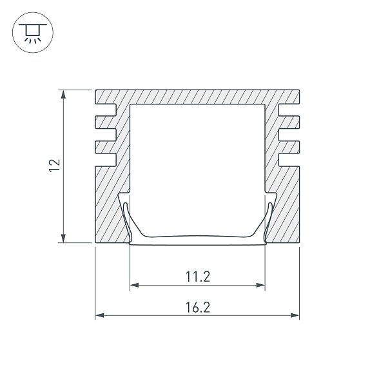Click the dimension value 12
pyautogui.click(x=55, y=166)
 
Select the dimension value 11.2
pyautogui.click(x=198, y=277)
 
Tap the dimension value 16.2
pyautogui.click(x=198, y=307)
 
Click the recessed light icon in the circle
pyautogui.click(x=33, y=33)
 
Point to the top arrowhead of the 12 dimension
pyautogui.click(x=64, y=94)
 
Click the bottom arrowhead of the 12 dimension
pyautogui.click(x=64, y=238)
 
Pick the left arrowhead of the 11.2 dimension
pyautogui.click(x=134, y=285)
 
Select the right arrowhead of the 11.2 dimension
pyautogui.click(x=260, y=285)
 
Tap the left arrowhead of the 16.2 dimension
pyautogui.click(x=100, y=315)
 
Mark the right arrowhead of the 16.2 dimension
pyautogui.click(x=295, y=315)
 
